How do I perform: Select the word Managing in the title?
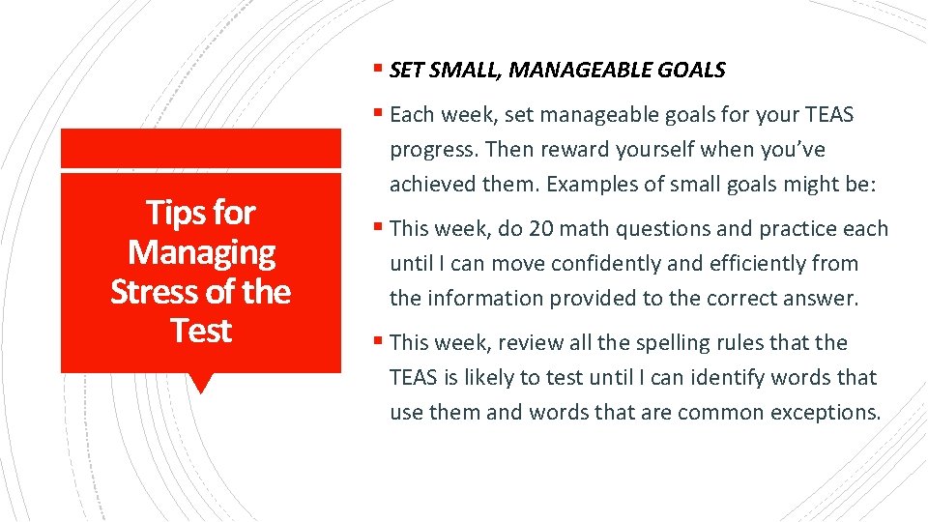pos(201,251)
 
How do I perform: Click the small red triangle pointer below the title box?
pos(201,383)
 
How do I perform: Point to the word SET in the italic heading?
pos(406,70)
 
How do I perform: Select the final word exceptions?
pos(829,412)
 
